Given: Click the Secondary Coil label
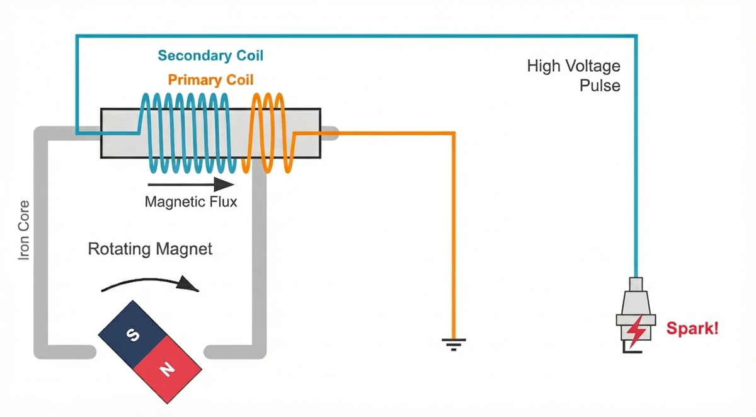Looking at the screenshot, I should point(210,55).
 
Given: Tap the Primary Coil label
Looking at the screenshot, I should point(210,80).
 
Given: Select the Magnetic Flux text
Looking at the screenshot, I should point(191,202).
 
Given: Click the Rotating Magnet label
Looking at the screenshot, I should point(150,249).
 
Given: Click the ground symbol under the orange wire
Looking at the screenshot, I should point(454,343).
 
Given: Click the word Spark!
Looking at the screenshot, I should point(692,328).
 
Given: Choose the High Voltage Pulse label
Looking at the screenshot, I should point(574,75).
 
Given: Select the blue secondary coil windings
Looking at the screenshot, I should point(189,133).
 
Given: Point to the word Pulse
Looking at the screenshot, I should point(600,85).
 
